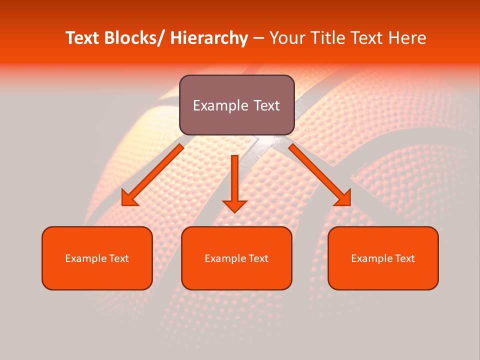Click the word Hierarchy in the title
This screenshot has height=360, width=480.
[x=209, y=38]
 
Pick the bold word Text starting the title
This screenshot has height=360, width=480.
[x=82, y=38]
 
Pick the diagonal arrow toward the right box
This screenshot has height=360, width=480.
[x=319, y=175]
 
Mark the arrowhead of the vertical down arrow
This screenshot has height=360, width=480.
[x=235, y=205]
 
